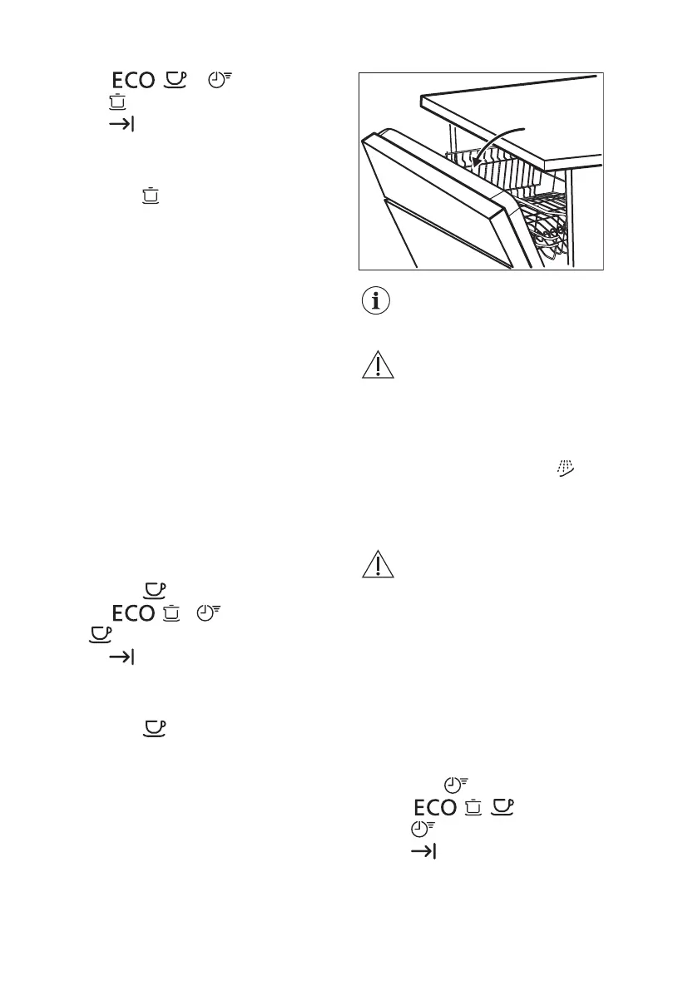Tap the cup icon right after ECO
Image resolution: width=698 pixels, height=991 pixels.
[173, 79]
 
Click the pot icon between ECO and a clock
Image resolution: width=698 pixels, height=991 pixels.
[173, 613]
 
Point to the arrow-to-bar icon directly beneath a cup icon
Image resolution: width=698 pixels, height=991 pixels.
[122, 658]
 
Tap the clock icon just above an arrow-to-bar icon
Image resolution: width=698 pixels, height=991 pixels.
[422, 830]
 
